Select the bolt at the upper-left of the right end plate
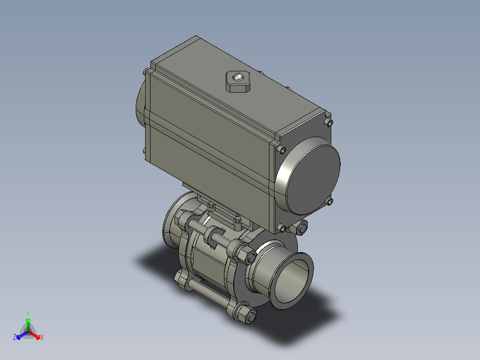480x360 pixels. point(281,150)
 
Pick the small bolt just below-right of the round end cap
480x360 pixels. point(329,201)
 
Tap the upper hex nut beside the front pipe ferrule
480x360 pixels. point(247,254)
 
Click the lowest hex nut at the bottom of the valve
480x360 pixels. point(248,315)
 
